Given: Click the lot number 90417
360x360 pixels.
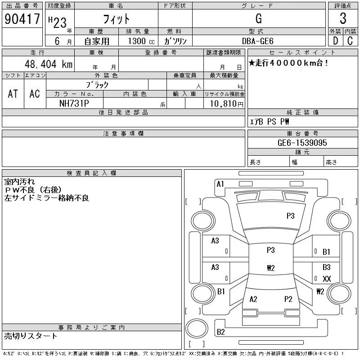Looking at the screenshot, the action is [x=22, y=18].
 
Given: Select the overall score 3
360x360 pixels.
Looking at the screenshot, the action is [x=343, y=18].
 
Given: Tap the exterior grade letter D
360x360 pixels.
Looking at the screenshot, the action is [x=335, y=41].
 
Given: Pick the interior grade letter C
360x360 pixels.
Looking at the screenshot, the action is [x=350, y=41].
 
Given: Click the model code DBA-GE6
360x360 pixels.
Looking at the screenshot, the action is [x=257, y=41].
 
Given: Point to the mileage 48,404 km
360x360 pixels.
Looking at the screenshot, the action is [x=49, y=64].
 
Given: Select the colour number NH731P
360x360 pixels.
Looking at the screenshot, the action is [x=74, y=103].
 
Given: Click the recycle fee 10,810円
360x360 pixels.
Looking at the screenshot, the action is [x=227, y=103].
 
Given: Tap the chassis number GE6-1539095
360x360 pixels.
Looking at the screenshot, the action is [x=302, y=143].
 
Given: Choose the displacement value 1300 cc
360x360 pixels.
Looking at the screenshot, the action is [x=141, y=41].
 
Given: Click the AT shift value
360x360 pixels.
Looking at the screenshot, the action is [x=13, y=94].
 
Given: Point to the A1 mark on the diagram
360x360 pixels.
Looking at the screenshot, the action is [x=220, y=184].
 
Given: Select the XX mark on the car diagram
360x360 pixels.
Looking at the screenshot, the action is [x=327, y=279].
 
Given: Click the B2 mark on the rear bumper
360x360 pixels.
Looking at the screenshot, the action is [x=220, y=332].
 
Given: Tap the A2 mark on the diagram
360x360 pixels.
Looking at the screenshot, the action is [x=253, y=299].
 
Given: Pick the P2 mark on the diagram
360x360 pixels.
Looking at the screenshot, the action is [x=288, y=299].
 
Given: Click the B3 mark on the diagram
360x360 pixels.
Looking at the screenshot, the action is [x=327, y=267].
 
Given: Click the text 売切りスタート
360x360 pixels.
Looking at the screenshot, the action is [x=30, y=336].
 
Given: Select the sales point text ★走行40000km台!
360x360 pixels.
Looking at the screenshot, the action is [x=288, y=63].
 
